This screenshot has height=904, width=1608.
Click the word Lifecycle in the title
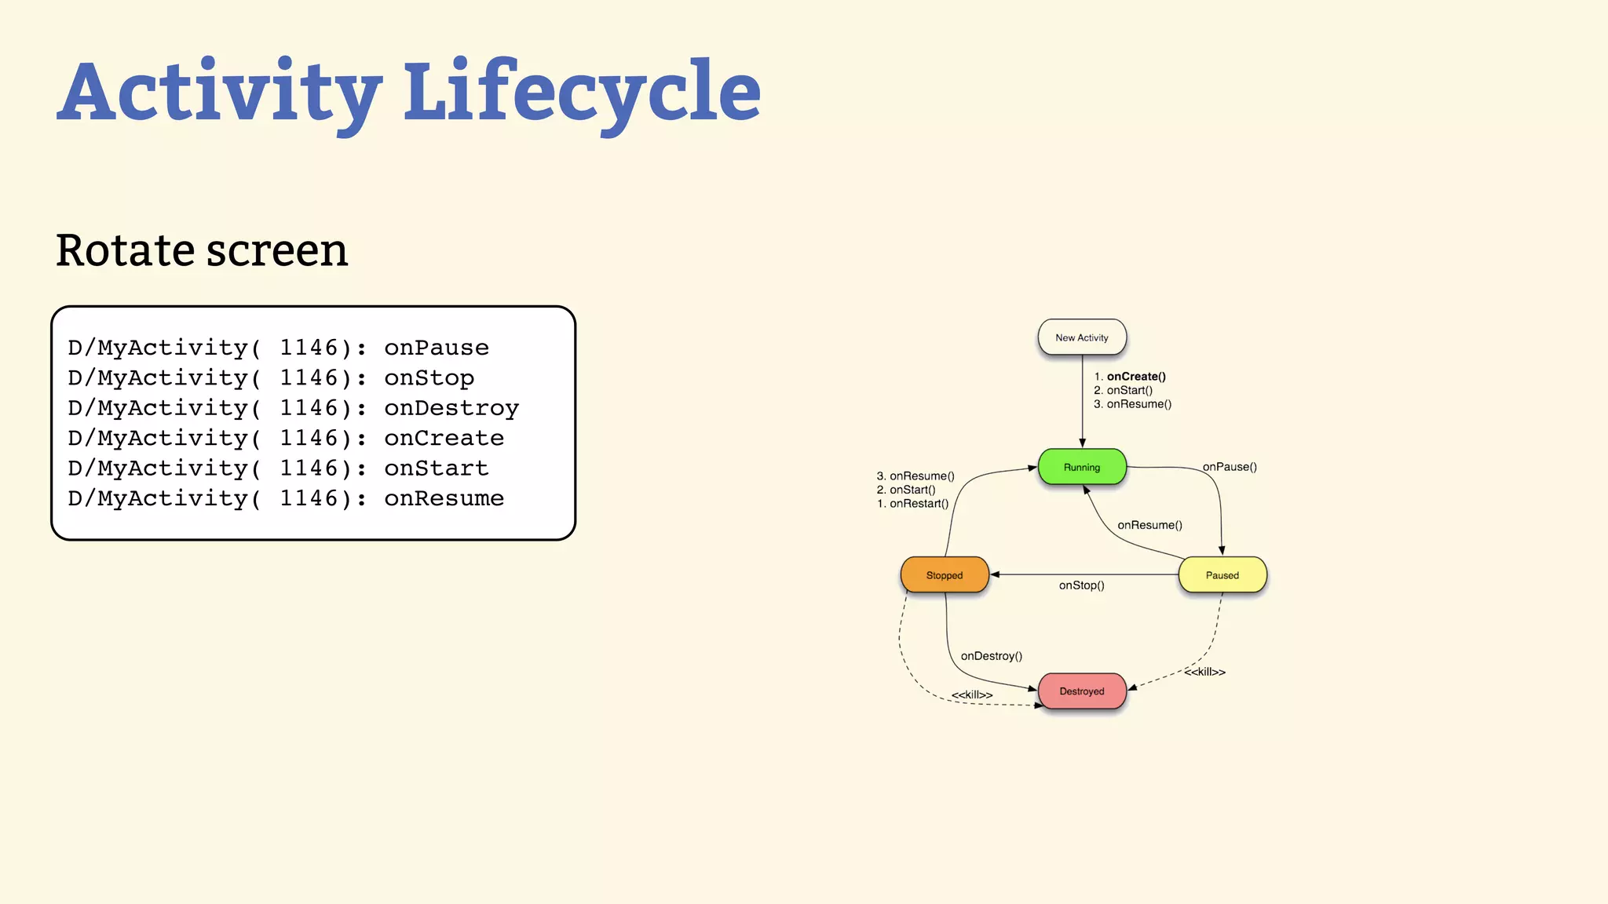coord(582,93)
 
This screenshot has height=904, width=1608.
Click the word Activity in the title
coord(220,93)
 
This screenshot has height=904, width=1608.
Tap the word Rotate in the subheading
coord(125,251)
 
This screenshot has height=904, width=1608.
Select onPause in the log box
coord(436,348)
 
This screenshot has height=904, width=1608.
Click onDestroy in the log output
coord(451,408)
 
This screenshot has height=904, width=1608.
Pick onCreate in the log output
coord(444,438)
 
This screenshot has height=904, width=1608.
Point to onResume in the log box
coord(444,498)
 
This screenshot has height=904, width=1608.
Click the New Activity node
coord(1082,337)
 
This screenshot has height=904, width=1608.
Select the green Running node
coord(1082,467)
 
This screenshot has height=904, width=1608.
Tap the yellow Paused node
coord(1222,575)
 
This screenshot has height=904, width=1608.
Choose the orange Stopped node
coord(945,575)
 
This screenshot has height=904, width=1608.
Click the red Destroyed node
coord(1082,691)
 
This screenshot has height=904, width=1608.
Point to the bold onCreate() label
coord(1136,377)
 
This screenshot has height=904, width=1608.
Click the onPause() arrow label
coord(1230,467)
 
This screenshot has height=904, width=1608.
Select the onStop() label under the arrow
coord(1081,585)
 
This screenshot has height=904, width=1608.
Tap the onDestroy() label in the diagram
coord(991,656)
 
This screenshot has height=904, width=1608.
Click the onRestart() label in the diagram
coord(919,504)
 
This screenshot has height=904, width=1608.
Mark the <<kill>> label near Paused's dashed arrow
coord(1204,672)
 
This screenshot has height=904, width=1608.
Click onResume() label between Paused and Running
coord(1149,525)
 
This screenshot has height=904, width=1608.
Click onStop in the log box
coord(429,378)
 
